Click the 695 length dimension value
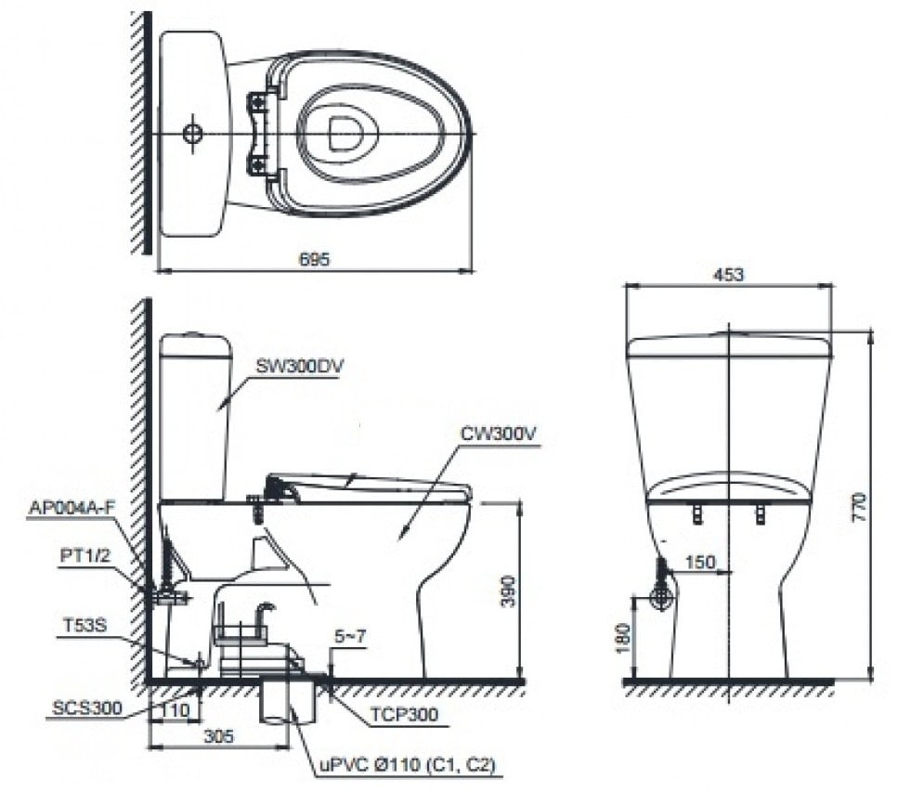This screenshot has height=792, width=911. pyautogui.click(x=315, y=260)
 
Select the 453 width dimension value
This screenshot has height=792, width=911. pyautogui.click(x=729, y=275)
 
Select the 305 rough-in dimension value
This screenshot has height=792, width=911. pyautogui.click(x=218, y=735)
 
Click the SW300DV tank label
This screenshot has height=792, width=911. pyautogui.click(x=300, y=366)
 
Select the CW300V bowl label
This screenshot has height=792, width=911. pyautogui.click(x=498, y=433)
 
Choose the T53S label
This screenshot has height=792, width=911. pyautogui.click(x=86, y=625)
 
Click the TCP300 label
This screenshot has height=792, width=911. pyautogui.click(x=406, y=715)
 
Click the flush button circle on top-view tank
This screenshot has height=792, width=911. pyautogui.click(x=192, y=133)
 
